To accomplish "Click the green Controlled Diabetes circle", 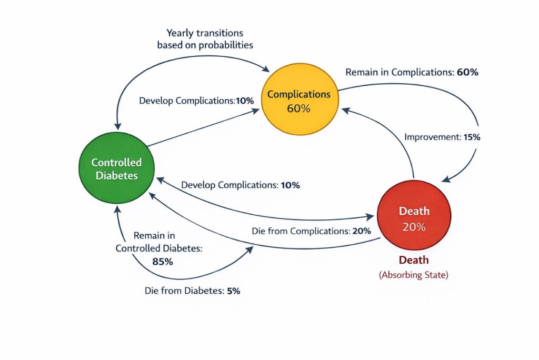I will coord(116,168).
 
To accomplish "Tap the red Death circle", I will coord(414,217).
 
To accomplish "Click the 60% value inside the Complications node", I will coord(299,109).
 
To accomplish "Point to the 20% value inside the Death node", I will coord(414,227).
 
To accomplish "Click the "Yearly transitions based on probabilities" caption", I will coord(205,39).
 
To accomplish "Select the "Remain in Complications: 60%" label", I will coord(412,73).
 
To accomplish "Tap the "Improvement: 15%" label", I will coord(442,137).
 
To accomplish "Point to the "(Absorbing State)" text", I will coord(414,275).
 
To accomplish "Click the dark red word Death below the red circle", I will coord(414,260).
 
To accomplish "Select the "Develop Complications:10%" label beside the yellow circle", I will coord(196,100).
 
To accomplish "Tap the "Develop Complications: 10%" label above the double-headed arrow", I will coord(241,185).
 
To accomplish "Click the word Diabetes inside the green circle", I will coord(116,175).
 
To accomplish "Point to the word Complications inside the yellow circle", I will coord(299,94).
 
